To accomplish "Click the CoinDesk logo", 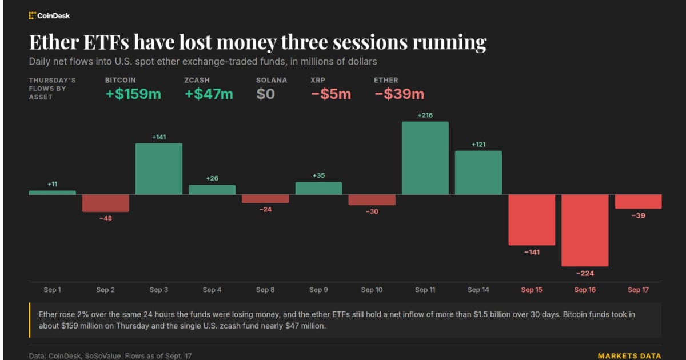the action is point(49,15).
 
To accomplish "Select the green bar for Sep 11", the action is point(425,158).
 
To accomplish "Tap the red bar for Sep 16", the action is point(585,230).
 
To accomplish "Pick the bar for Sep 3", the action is point(159,169).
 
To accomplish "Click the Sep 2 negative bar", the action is point(106,203).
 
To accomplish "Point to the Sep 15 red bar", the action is point(532,220).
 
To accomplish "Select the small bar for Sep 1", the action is point(53,193).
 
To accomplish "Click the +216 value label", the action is point(425,115).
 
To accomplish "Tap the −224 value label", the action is point(585,273).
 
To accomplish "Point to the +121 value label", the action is point(478,145).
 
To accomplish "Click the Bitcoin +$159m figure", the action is point(133,94).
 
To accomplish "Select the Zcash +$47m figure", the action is point(209,94).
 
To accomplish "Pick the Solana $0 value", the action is point(265,94).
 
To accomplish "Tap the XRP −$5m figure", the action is point(331,94).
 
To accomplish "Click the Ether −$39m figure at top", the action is point(400,94).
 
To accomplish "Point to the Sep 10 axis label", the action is point(372,290).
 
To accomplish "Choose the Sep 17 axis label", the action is point(638,290).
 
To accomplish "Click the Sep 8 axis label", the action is point(265,290).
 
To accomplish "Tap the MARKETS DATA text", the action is point(629,356).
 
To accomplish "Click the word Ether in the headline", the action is point(54,42).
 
